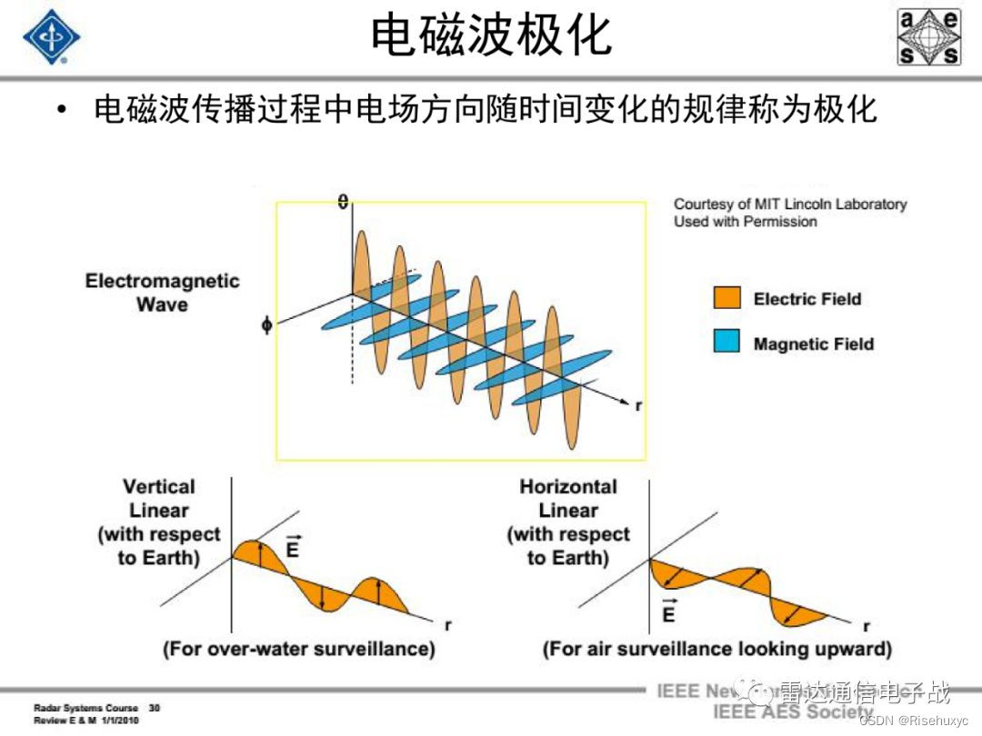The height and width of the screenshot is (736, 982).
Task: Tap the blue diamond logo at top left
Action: point(51,37)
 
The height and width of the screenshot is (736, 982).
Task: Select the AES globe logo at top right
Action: point(928,37)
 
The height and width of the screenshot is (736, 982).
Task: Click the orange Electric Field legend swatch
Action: point(727,299)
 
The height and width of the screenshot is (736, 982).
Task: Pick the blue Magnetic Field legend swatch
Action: point(727,343)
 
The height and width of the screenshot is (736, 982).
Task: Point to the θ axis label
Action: point(343,202)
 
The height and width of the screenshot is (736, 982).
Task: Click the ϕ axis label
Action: point(266,324)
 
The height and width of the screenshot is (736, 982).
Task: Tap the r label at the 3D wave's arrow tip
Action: point(638,406)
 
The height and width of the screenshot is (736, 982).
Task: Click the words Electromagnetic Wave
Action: point(162,293)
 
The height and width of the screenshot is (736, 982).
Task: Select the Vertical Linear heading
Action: point(159,499)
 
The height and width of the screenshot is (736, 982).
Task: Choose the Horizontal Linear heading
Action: point(568,499)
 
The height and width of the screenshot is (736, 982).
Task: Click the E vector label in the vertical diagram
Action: point(292,547)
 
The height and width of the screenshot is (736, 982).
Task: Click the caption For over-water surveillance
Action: point(299,649)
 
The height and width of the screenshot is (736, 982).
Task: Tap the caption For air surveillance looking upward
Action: point(716,649)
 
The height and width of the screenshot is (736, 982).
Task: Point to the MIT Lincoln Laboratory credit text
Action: point(790,213)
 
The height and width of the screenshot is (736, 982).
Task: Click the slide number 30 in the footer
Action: point(155,707)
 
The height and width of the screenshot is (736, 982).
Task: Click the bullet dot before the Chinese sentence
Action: point(61,111)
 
